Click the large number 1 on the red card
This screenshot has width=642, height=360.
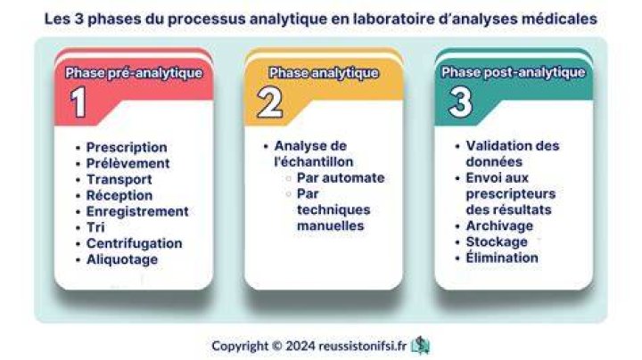click(78, 102)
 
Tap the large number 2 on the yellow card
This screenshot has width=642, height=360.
click(270, 102)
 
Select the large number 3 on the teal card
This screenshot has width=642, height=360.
click(460, 102)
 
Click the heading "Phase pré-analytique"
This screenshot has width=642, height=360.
click(134, 73)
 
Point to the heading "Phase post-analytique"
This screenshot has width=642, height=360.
click(514, 72)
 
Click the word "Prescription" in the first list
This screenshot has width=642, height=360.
click(127, 147)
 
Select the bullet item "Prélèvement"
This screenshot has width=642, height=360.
click(128, 163)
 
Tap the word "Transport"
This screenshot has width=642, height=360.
click(119, 179)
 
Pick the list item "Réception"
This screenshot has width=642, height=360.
click(119, 195)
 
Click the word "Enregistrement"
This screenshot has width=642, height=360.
click(137, 211)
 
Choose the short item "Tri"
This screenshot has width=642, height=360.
click(95, 227)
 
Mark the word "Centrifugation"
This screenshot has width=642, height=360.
click(135, 243)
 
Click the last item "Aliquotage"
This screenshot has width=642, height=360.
click(122, 259)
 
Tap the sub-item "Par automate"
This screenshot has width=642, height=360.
click(341, 178)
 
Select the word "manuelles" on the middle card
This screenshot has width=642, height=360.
click(331, 225)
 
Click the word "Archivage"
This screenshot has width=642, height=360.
click(499, 225)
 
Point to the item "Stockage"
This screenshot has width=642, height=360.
click(497, 241)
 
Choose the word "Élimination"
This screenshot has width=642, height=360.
click(502, 258)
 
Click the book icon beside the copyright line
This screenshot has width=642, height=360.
click(421, 346)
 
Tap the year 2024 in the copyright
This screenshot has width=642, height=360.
click(300, 346)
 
